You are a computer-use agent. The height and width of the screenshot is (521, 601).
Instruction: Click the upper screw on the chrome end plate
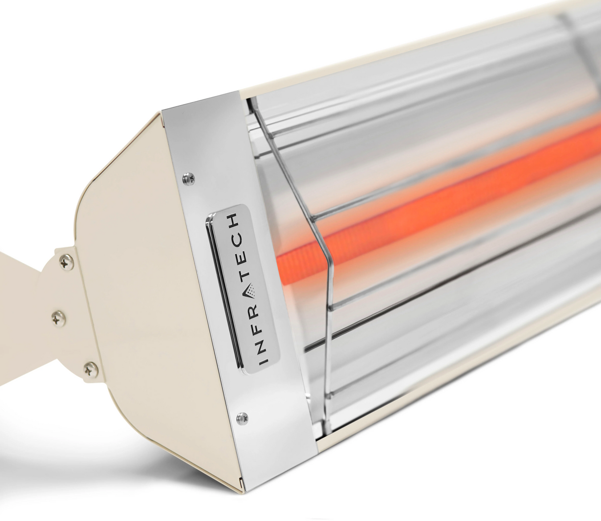pyautogui.click(x=186, y=178)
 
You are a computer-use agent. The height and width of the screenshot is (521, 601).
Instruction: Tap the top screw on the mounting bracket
pyautogui.click(x=66, y=263)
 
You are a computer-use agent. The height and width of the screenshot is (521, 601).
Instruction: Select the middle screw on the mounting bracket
pyautogui.click(x=57, y=317)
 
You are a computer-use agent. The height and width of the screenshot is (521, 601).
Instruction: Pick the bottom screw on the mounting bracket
pyautogui.click(x=90, y=367)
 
